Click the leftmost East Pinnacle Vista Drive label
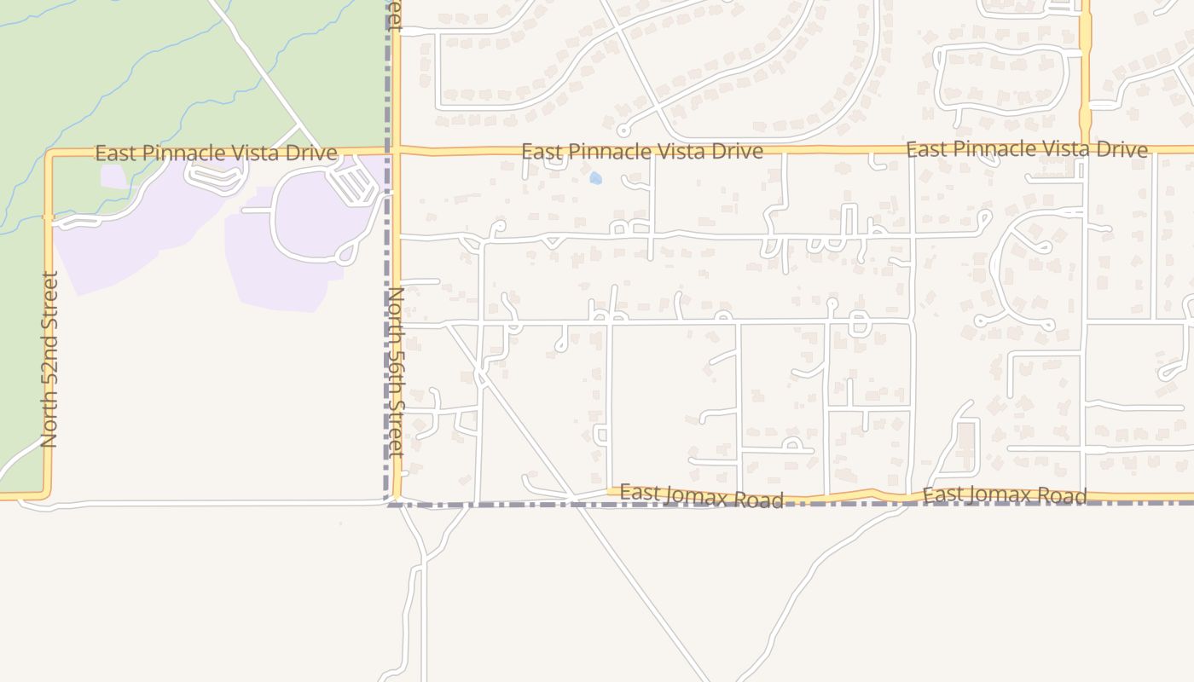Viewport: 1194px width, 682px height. [216, 153]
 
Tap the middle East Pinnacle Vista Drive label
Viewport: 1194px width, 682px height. [641, 152]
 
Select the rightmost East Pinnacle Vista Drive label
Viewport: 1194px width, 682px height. [1026, 150]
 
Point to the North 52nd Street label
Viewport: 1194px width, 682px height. [49, 359]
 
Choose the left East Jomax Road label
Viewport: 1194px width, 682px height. [701, 495]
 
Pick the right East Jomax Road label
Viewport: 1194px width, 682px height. [1005, 495]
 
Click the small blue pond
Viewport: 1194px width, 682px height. [595, 179]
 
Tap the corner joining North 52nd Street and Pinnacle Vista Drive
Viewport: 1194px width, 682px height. [49, 154]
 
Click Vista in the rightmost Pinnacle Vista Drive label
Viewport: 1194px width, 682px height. [1065, 150]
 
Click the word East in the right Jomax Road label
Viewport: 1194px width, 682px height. [942, 495]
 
